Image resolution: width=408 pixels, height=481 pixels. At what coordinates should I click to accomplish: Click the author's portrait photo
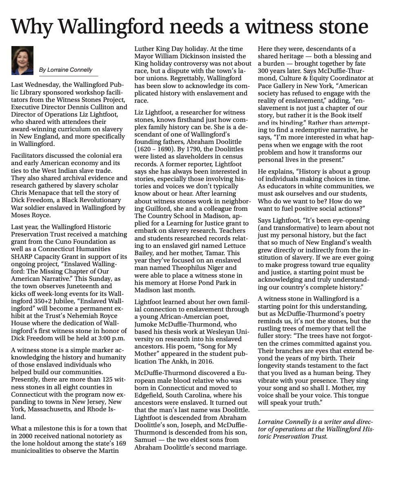tap(22, 60)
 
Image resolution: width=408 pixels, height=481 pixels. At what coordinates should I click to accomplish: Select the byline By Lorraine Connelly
tap(66, 70)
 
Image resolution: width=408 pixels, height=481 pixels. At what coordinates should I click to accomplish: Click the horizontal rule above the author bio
tap(315, 410)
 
